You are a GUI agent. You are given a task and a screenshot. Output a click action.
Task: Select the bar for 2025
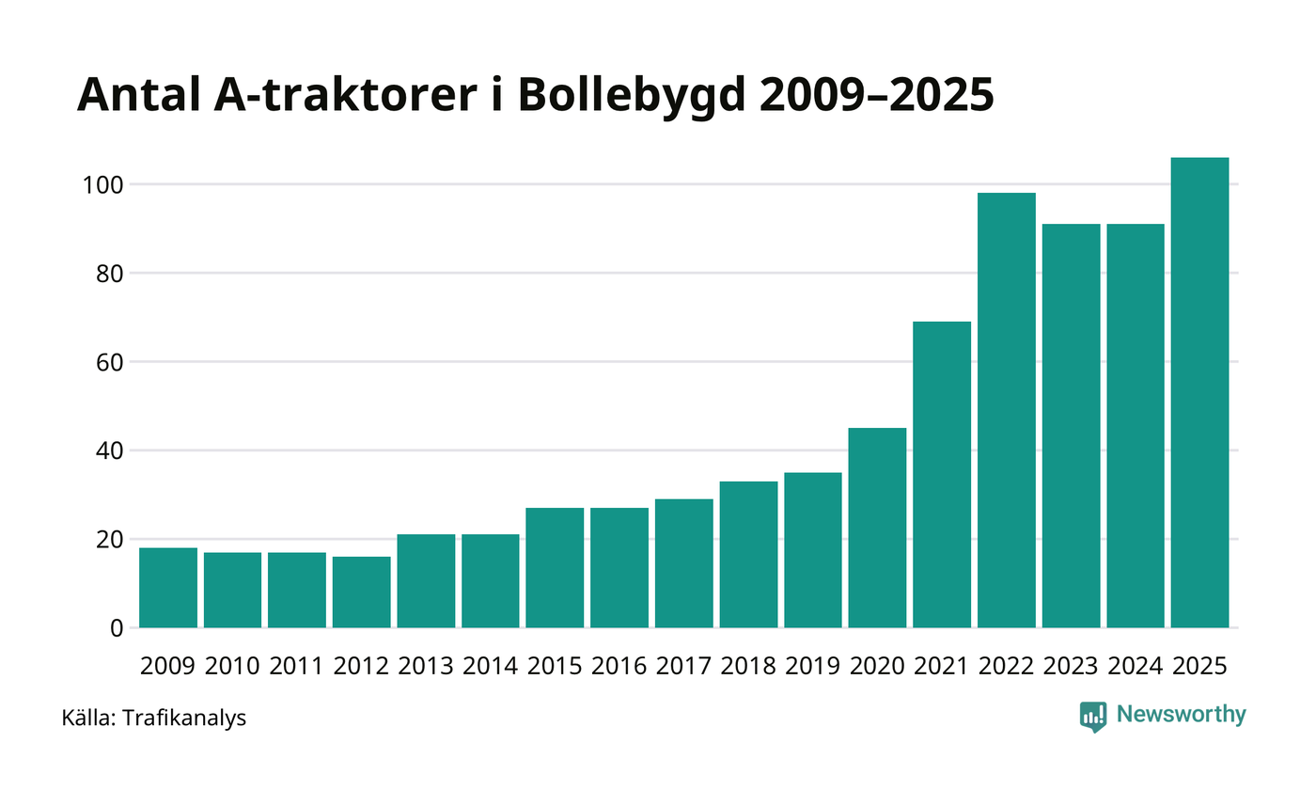(x=1199, y=392)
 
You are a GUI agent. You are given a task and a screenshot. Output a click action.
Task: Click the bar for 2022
(x=1006, y=410)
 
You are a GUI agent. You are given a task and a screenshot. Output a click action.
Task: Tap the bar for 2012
(x=361, y=592)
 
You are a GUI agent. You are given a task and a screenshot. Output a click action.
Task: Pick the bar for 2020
(x=877, y=528)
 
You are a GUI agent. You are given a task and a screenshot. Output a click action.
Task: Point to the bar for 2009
(x=168, y=588)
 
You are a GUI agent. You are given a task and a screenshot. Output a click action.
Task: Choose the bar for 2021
(x=942, y=474)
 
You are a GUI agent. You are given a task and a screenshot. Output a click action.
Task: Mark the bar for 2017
(x=683, y=562)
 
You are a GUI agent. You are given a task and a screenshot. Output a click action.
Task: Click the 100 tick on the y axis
(x=104, y=184)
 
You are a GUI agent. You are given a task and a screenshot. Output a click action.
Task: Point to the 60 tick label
(x=111, y=362)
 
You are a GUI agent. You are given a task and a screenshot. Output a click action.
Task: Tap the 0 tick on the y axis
(x=117, y=628)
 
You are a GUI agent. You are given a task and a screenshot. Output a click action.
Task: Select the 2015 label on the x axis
(x=555, y=666)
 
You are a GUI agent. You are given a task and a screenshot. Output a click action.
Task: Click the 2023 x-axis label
(x=1071, y=666)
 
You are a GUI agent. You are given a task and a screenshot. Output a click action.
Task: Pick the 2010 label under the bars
(x=232, y=666)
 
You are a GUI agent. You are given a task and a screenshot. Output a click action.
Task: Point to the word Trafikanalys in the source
(x=184, y=719)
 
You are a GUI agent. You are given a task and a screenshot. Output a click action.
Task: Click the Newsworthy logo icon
(x=1093, y=717)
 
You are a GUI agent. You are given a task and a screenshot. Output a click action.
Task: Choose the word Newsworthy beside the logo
(x=1181, y=715)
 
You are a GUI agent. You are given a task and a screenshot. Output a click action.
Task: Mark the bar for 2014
(x=490, y=580)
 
